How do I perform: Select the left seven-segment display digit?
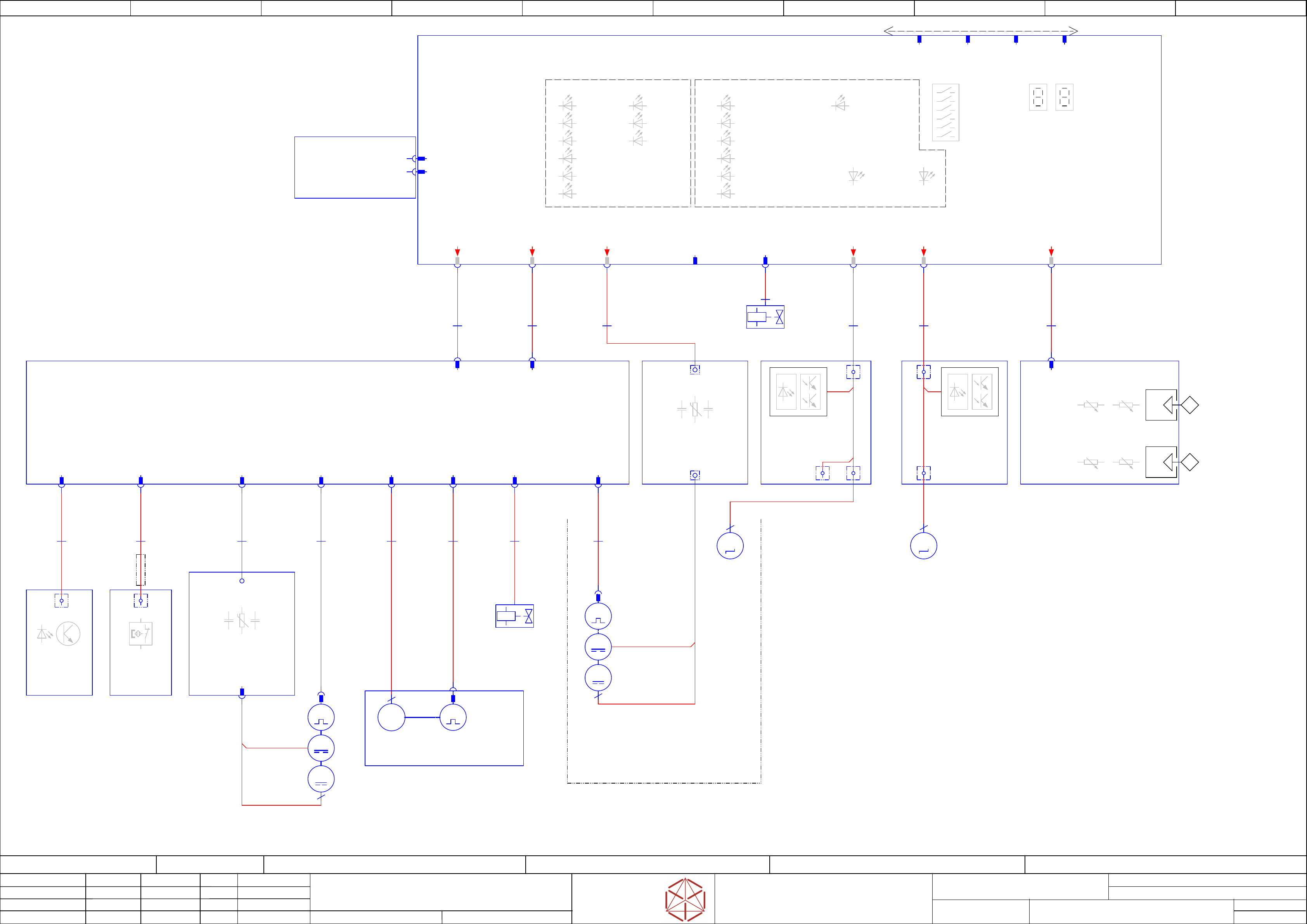[1038, 97]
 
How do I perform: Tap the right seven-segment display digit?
[1064, 97]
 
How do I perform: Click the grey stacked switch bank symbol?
[945, 112]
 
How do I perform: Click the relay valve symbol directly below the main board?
[765, 317]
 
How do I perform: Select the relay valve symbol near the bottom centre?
[514, 616]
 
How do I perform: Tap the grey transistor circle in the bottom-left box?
[68, 633]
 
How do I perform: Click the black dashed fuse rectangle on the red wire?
[140, 570]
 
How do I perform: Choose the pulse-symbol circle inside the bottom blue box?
[453, 717]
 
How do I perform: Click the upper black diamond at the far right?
[1190, 405]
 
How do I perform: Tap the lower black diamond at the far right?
[1190, 462]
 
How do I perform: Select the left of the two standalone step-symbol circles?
[730, 546]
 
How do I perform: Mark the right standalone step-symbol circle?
[923, 546]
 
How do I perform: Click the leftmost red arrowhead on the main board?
[457, 252]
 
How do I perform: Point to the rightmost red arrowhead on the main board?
[1051, 252]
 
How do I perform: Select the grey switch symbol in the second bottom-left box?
[140, 633]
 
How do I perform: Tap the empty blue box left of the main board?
[355, 167]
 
